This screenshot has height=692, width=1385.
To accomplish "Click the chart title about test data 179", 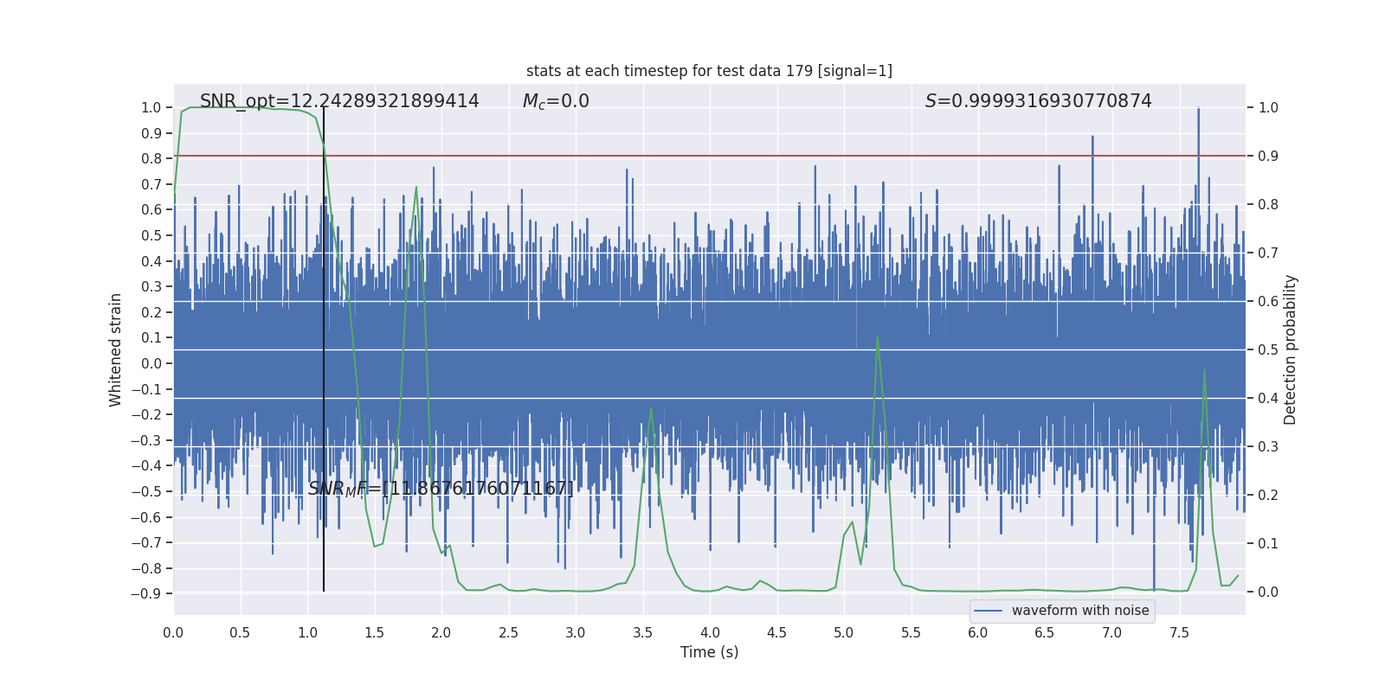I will coord(709,71).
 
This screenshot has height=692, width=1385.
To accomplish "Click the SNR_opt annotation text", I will coord(339,101).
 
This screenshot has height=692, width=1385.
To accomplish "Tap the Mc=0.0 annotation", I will coord(556,101).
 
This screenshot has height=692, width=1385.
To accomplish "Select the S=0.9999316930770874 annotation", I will coord(1038,101).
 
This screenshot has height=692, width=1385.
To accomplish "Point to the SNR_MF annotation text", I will coord(441,489).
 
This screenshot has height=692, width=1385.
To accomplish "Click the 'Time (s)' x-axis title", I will coord(709,652).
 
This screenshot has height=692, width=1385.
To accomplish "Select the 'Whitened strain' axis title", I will coord(116,349).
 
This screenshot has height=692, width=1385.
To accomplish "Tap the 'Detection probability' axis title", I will coord(1291,349).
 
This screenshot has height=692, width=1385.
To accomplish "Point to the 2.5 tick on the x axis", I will coord(508,633).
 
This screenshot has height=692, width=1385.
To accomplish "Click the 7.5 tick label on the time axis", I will coord(1179,633).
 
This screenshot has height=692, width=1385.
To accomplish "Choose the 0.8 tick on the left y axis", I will coord(151,159).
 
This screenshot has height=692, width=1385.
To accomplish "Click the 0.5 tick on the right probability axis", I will coord(1268,350).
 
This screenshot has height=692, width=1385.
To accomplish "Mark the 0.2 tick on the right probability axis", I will coord(1268,496).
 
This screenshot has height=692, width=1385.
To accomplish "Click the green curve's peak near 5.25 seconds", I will coord(877,336).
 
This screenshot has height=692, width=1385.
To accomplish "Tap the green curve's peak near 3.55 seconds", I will coord(651,407).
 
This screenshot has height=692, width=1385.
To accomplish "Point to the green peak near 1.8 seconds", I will coord(416,187).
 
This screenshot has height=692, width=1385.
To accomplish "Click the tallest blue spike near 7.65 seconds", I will coord(1198,108).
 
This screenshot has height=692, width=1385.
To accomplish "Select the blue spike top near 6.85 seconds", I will coord(1092,137).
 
